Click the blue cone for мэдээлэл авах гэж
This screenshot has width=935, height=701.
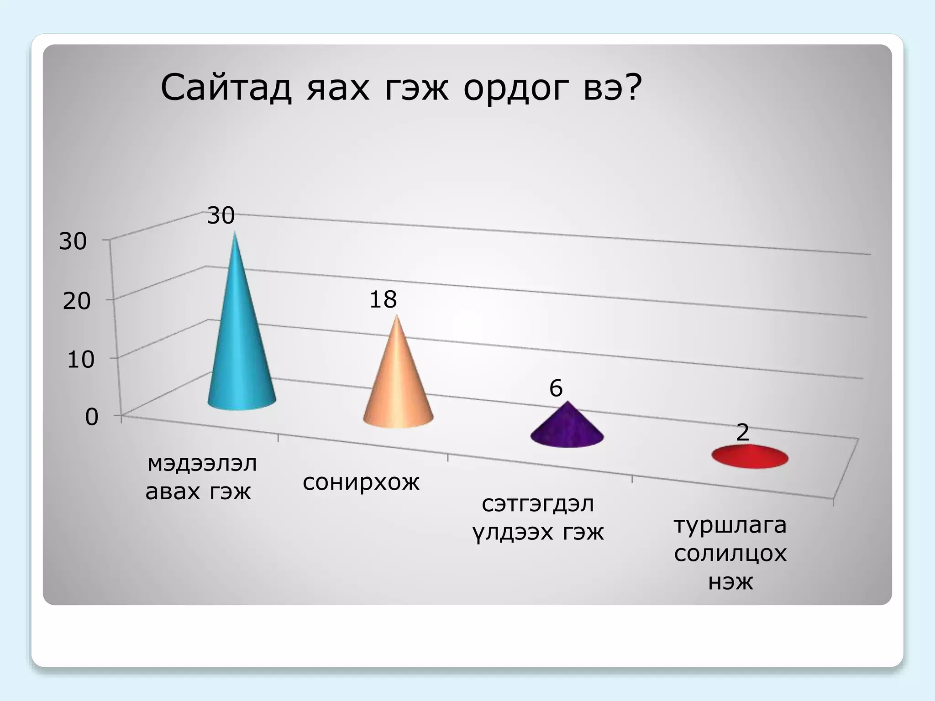click(240, 356)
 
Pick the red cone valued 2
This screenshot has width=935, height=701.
click(750, 457)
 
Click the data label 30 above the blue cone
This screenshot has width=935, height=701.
click(221, 215)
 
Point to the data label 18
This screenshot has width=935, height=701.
click(383, 300)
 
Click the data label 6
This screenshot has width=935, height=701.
click(556, 388)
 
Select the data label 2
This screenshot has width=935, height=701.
click(743, 432)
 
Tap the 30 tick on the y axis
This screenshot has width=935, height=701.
click(73, 241)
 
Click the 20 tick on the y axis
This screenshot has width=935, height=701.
click(76, 301)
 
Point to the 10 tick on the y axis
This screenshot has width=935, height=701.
click(80, 360)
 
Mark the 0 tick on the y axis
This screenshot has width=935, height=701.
click(92, 417)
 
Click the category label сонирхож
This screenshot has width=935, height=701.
click(361, 482)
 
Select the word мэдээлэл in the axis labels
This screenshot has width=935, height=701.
click(202, 464)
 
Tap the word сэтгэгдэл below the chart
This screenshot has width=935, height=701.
click(538, 504)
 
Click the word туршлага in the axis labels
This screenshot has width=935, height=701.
click(730, 525)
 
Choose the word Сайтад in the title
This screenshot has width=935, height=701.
click(226, 88)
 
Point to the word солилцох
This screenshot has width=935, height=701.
click(730, 554)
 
